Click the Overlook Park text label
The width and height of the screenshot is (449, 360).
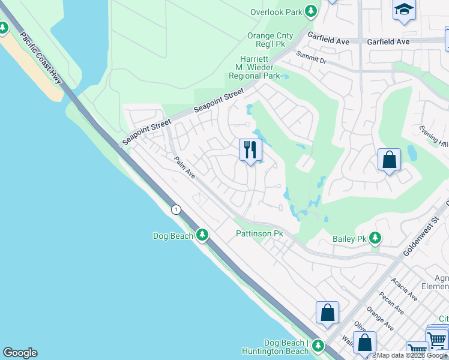click(x=276, y=11)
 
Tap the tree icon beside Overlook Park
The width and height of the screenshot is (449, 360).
click(x=310, y=11)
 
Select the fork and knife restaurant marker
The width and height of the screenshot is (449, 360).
click(x=250, y=149)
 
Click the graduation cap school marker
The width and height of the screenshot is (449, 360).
click(x=404, y=10)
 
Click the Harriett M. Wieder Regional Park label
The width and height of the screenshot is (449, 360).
click(x=255, y=68)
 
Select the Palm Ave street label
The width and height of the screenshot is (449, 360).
click(x=185, y=167)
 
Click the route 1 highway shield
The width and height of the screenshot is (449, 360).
click(x=175, y=209)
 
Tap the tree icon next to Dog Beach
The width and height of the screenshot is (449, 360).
click(x=202, y=235)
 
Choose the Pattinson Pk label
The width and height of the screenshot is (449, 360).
click(x=259, y=233)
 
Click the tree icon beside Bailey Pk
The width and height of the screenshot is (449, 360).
click(x=375, y=238)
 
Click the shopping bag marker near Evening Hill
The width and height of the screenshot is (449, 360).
click(x=389, y=160)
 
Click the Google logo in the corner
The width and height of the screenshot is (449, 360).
click(x=20, y=353)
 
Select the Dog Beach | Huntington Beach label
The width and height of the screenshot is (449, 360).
click(x=274, y=347)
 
